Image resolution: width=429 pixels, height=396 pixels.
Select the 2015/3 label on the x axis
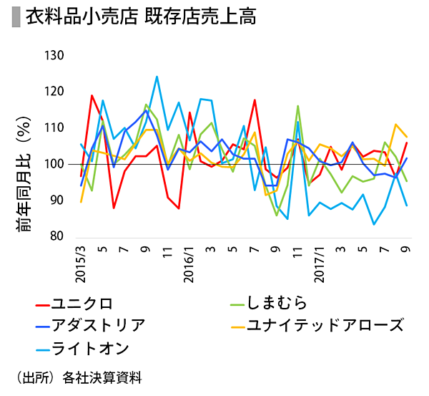click(x=80, y=263)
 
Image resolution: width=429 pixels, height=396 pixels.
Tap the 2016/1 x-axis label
click(x=189, y=263)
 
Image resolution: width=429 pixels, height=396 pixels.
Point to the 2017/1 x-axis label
click(x=320, y=263)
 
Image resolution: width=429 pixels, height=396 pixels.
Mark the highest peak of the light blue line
click(x=157, y=77)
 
